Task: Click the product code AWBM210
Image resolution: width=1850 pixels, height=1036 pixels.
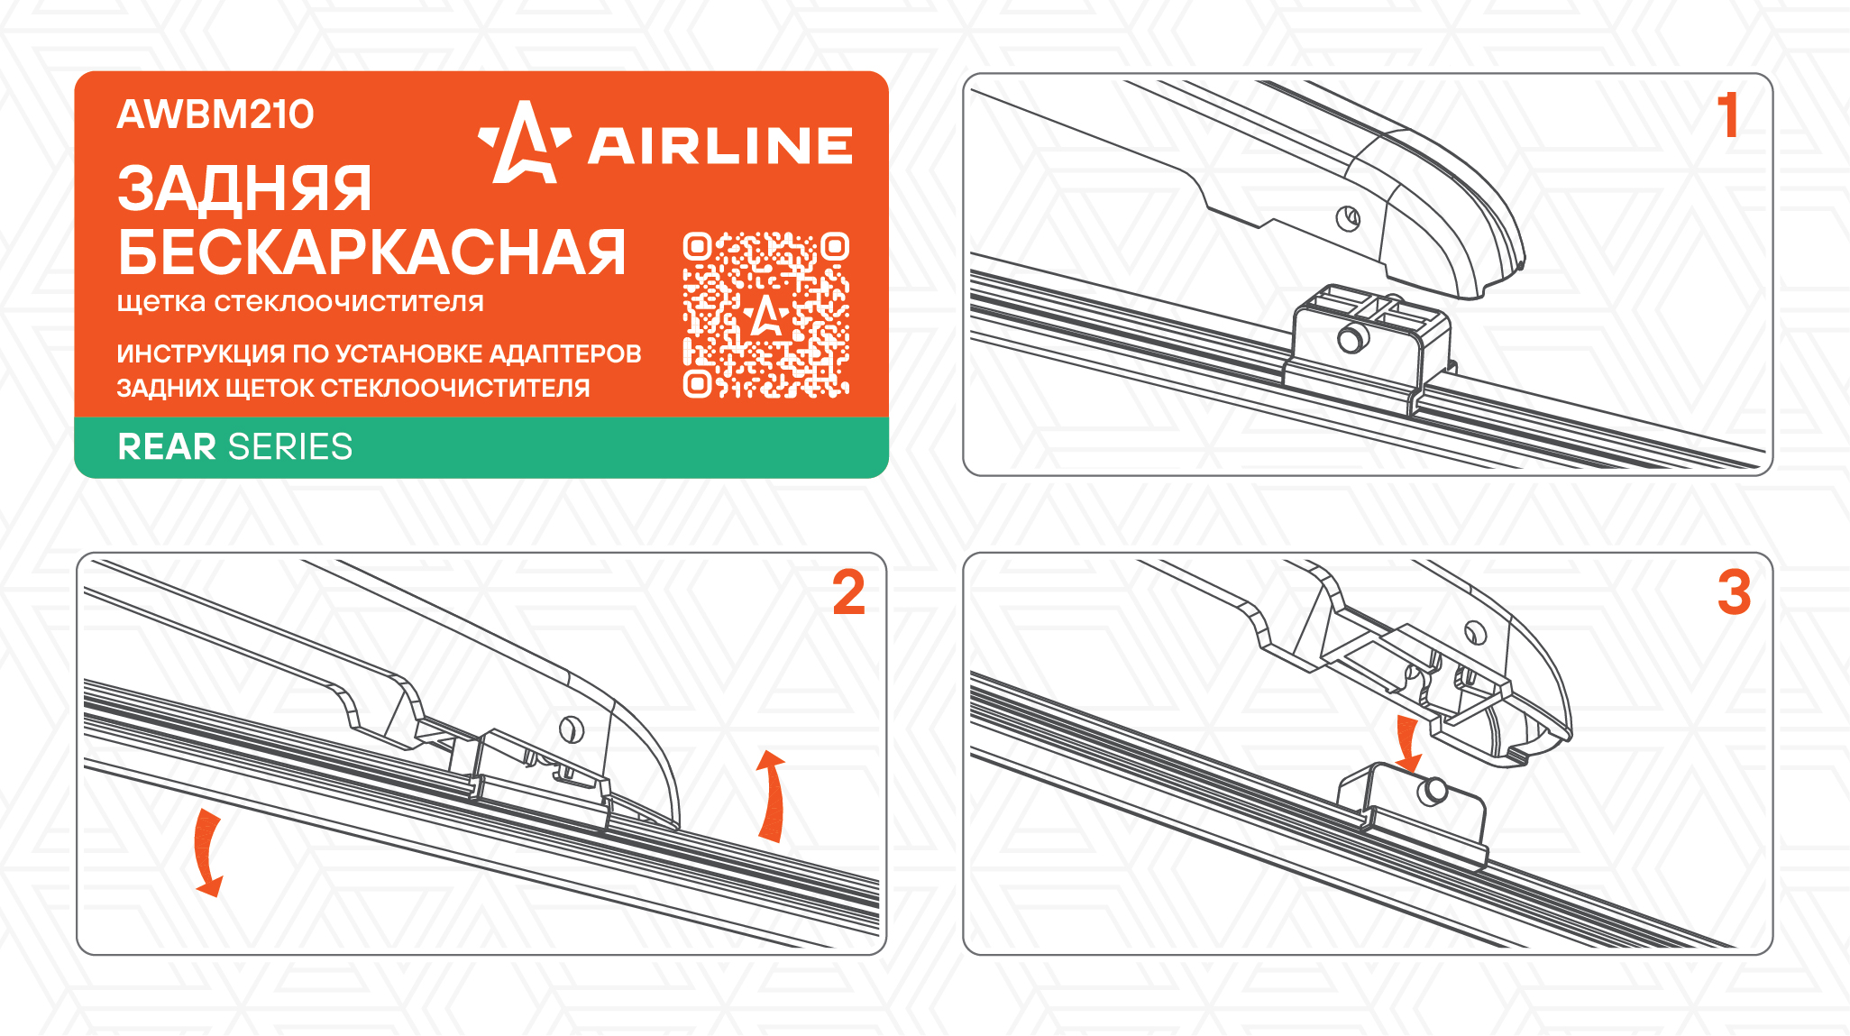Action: [215, 115]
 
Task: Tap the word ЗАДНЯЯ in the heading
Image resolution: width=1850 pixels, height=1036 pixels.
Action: [244, 189]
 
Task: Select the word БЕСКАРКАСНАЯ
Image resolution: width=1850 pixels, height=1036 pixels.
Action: [371, 252]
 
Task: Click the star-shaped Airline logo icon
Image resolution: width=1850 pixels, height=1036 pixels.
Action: [524, 142]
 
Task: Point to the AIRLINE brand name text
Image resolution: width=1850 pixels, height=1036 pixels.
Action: [720, 146]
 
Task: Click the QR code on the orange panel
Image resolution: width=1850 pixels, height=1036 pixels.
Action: [766, 315]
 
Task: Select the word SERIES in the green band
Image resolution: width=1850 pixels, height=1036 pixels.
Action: [290, 447]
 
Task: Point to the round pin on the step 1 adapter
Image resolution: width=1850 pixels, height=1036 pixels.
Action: [1351, 339]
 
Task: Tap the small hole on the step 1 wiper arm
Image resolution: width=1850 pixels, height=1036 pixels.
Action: [1348, 218]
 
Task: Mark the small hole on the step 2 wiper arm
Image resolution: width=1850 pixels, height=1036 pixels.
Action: [571, 729]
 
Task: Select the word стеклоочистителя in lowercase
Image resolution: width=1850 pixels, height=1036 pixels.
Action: [349, 302]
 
